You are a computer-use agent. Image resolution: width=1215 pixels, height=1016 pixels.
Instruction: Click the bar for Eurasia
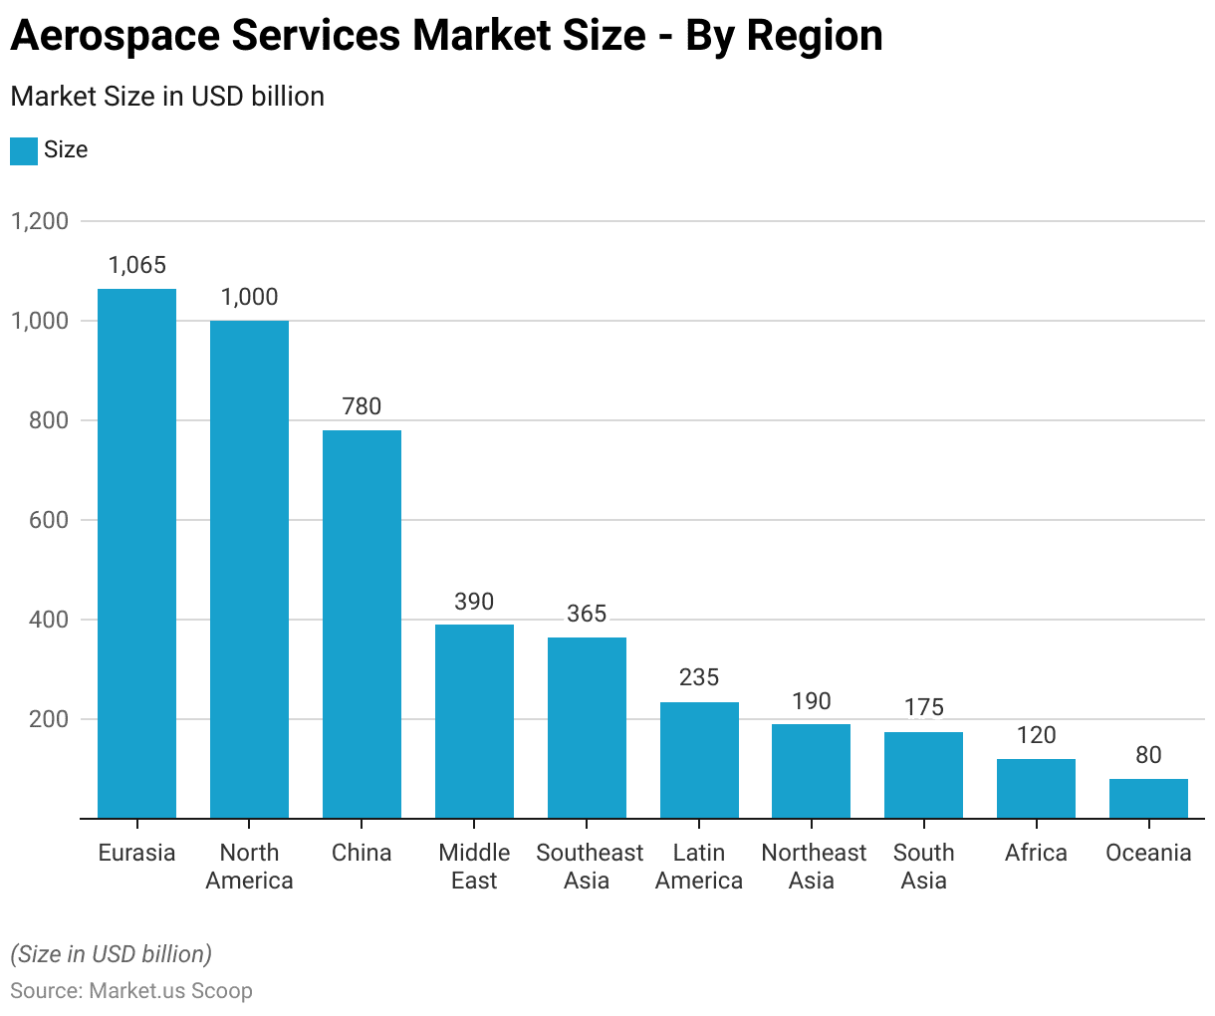click(136, 553)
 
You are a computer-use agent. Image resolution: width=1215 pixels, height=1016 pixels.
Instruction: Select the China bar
click(362, 625)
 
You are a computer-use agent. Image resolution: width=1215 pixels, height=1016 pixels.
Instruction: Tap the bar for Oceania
click(1148, 799)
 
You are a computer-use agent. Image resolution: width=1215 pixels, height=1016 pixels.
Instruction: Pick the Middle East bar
click(474, 721)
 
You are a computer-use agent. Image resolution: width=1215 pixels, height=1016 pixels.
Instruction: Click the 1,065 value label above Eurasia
click(136, 265)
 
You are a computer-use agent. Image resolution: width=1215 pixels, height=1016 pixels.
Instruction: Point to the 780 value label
click(362, 406)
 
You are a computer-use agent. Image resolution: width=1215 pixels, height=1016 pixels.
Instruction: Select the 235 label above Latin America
click(699, 677)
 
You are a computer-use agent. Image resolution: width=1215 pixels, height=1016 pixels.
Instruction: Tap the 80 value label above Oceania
click(1148, 755)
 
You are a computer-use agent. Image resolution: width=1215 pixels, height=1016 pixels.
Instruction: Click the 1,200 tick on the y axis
click(40, 221)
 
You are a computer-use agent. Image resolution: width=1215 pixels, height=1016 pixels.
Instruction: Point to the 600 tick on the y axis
click(49, 520)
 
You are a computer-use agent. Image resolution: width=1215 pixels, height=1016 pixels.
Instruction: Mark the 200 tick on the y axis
click(49, 719)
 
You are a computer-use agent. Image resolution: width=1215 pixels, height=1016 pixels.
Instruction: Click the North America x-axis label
click(249, 867)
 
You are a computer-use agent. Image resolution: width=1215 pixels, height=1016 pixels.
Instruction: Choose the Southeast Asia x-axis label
click(590, 867)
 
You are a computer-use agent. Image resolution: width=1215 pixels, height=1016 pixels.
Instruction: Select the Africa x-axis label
click(1036, 853)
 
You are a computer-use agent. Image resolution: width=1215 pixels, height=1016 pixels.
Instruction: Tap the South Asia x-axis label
click(923, 867)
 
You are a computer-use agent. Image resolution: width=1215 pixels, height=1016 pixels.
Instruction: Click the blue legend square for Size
click(24, 150)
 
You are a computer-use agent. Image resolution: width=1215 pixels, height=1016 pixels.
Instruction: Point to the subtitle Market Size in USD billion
click(167, 97)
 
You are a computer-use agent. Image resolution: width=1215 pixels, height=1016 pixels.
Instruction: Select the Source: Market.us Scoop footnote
click(131, 991)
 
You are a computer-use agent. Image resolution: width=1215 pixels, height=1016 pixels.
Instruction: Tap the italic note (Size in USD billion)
click(112, 954)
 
